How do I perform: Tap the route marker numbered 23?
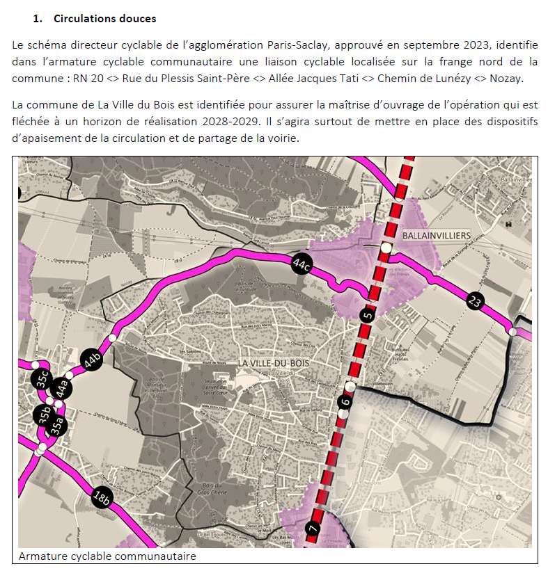[475, 301]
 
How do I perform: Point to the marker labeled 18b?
[102, 497]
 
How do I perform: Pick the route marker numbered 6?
[345, 401]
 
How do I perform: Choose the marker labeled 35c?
[42, 380]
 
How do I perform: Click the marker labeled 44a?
[62, 388]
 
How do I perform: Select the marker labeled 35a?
[57, 426]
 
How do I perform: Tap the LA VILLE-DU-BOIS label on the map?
[272, 363]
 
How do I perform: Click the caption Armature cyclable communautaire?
[107, 556]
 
